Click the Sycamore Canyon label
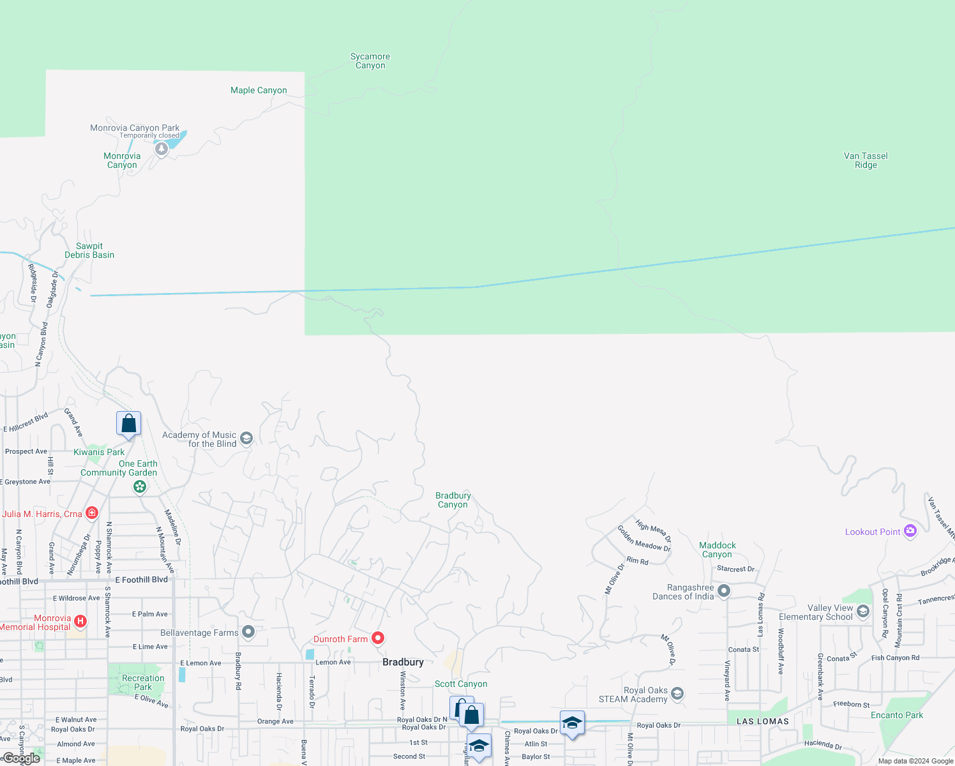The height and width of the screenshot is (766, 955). point(370,61)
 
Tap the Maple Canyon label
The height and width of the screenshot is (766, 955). point(259,91)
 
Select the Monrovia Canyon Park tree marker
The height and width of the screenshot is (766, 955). point(162,149)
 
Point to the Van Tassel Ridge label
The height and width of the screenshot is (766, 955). point(866,160)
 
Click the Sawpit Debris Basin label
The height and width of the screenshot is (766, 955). point(89,250)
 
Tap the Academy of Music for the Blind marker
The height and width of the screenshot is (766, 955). point(247,438)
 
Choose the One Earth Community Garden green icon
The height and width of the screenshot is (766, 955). point(140,487)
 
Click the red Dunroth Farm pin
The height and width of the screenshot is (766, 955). point(378,638)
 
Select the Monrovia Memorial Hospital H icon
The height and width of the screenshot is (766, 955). point(80,621)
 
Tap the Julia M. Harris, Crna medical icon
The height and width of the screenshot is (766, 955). point(92,513)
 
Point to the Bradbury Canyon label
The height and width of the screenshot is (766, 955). point(453,500)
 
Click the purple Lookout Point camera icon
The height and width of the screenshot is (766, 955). point(910,531)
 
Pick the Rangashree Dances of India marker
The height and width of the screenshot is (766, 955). point(724,590)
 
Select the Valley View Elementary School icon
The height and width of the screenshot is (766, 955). point(863,612)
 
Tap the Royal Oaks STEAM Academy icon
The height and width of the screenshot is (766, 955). point(677,693)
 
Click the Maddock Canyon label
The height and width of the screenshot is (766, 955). point(718,550)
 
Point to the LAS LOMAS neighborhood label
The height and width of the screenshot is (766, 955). point(763,721)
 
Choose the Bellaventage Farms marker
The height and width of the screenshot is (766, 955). point(248,632)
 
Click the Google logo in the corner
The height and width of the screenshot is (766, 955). point(21,758)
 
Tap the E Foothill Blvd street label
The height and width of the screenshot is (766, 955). point(142,580)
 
